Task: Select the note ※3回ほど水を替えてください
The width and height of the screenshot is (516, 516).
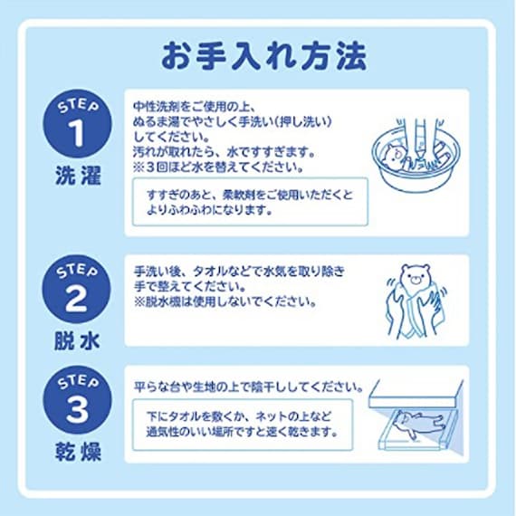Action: coord(217,167)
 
